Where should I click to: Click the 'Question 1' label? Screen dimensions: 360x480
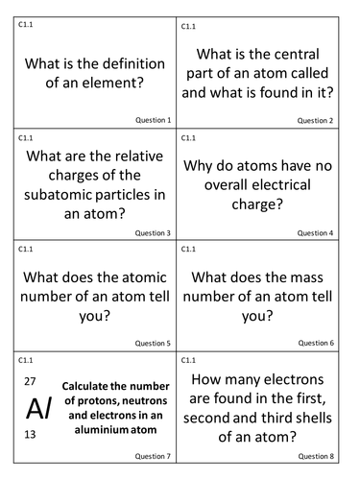point(153,121)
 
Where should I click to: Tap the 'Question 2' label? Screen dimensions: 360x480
point(315,121)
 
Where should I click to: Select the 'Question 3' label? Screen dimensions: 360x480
point(153,232)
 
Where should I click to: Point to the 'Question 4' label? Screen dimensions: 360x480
point(315,232)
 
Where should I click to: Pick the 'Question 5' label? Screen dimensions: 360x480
point(153,343)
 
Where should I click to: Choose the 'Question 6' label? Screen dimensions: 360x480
point(315,343)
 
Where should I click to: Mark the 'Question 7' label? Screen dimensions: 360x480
point(153,455)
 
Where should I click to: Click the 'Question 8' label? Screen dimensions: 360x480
point(315,455)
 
